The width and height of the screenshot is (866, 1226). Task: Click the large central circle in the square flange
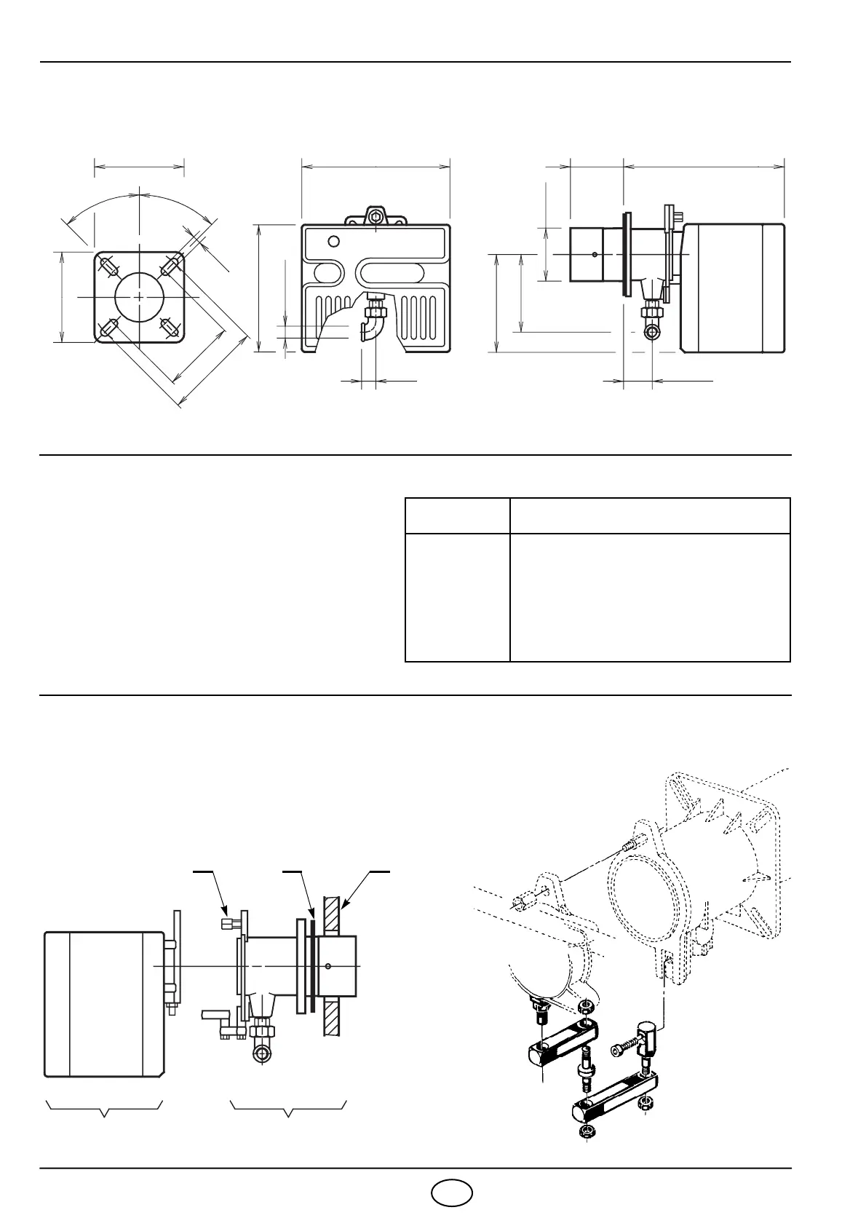(x=139, y=298)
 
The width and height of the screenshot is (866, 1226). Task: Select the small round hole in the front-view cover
(x=333, y=242)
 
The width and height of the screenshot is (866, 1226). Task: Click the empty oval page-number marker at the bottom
(x=451, y=1192)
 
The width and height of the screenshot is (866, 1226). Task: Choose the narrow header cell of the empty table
(x=457, y=516)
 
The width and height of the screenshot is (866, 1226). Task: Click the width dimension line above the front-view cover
(x=376, y=166)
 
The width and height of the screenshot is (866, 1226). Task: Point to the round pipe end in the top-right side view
(x=653, y=332)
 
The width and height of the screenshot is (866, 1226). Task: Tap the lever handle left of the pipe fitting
(x=216, y=1013)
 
